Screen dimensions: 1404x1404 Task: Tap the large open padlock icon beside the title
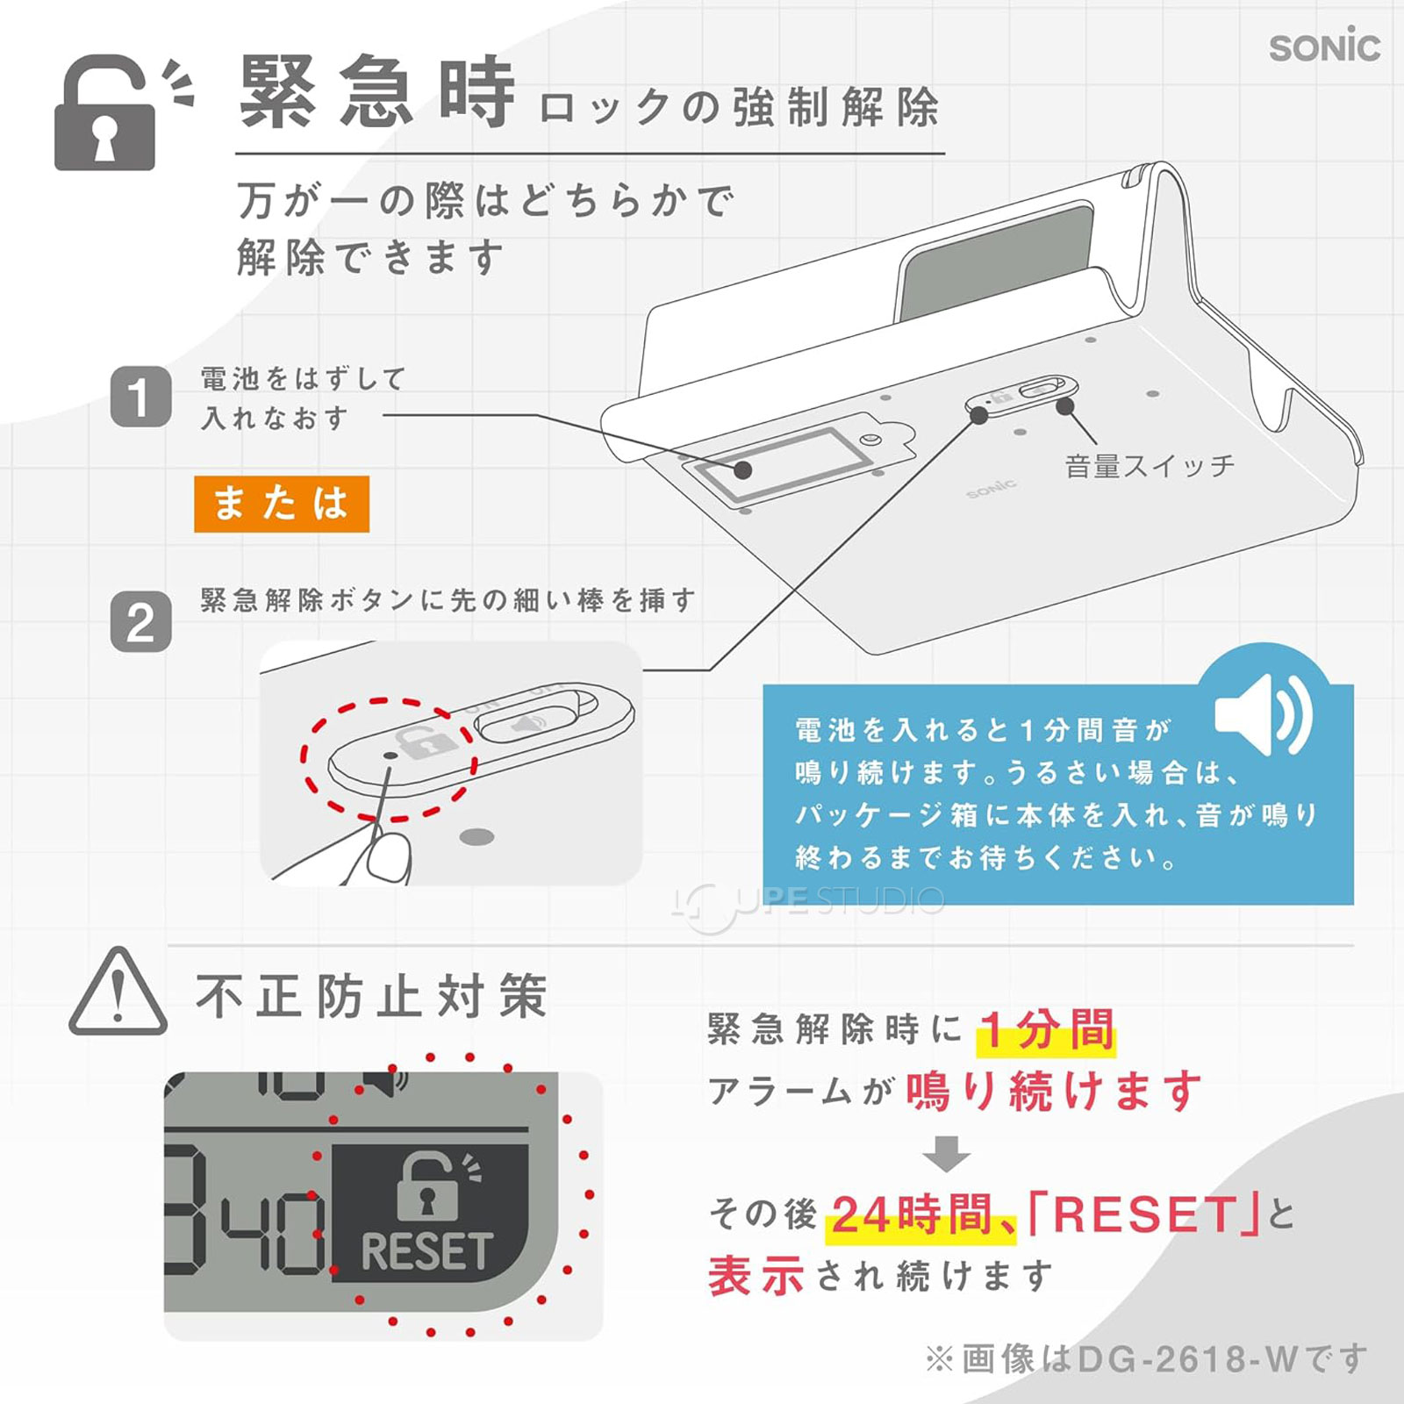[x=105, y=114]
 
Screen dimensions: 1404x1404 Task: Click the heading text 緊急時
[x=377, y=92]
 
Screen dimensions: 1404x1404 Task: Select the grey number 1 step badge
[x=140, y=397]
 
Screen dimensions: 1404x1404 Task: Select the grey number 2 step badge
[x=140, y=622]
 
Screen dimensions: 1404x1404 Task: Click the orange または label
[x=281, y=504]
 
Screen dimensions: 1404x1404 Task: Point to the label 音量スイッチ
[x=1149, y=465]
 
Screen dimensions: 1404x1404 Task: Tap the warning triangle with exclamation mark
[x=118, y=993]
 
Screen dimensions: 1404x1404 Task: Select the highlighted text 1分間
[x=1046, y=1029]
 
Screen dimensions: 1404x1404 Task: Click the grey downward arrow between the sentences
[x=946, y=1153]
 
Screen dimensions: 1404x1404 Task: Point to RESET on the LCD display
[x=426, y=1251]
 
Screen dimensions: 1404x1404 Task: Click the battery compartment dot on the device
[x=742, y=469]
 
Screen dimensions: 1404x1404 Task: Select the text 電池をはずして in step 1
[x=303, y=379]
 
